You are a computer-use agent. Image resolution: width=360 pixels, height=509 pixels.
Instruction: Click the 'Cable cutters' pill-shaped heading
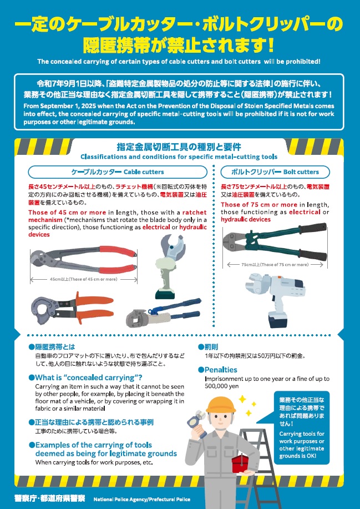click(x=118, y=172)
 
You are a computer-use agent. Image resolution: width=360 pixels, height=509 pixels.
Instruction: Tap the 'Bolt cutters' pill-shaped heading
click(x=275, y=172)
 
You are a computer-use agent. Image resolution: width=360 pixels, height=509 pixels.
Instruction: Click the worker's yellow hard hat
click(x=221, y=405)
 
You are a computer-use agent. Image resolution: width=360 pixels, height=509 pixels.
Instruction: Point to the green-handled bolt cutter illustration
click(x=275, y=241)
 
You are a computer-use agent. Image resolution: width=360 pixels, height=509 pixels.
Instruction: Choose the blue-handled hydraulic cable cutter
click(x=164, y=313)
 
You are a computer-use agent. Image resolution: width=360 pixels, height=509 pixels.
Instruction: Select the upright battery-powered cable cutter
click(x=169, y=266)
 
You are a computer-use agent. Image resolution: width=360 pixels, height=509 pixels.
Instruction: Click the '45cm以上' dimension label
click(x=84, y=279)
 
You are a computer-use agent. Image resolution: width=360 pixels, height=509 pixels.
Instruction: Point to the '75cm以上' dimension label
click(x=275, y=265)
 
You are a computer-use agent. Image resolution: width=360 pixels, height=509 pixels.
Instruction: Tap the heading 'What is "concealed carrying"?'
click(x=85, y=377)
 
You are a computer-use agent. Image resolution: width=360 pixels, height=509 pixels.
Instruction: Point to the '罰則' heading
click(x=208, y=347)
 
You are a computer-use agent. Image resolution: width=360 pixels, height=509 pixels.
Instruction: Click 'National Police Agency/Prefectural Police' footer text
click(x=142, y=499)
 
